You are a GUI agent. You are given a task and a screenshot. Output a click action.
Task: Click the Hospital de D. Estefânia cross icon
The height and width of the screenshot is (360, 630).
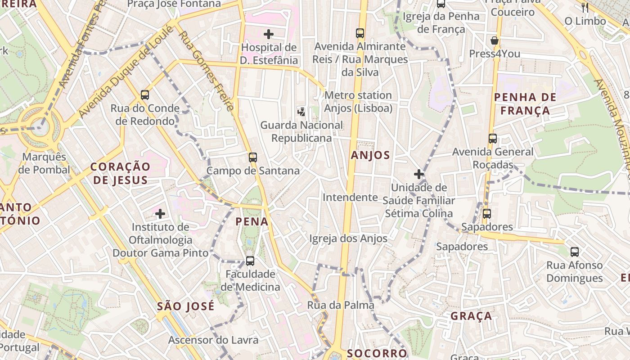pyautogui.click(x=269, y=34)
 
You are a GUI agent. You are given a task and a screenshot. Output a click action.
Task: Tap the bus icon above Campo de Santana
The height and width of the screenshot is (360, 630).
pyautogui.click(x=253, y=157)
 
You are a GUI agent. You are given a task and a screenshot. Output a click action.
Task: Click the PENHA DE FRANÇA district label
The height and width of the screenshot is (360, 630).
pyautogui.click(x=525, y=103)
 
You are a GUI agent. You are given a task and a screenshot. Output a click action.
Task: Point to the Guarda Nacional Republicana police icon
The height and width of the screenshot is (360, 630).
pyautogui.click(x=301, y=111)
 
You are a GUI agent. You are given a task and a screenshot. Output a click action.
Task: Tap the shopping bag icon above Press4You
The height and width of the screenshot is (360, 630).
pyautogui.click(x=495, y=40)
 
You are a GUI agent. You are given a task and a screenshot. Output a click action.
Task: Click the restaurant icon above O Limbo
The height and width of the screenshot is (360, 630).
pyautogui.click(x=585, y=7)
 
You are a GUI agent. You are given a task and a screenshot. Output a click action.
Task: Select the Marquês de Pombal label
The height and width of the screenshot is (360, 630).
pyautogui.click(x=44, y=163)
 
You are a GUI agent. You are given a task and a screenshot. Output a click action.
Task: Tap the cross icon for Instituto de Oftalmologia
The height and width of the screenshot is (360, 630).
pyautogui.click(x=160, y=213)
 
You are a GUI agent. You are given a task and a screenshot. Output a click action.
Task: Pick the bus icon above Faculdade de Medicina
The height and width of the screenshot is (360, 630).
pyautogui.click(x=250, y=261)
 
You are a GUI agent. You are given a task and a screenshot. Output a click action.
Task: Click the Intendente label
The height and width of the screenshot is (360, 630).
pyautogui.click(x=350, y=197)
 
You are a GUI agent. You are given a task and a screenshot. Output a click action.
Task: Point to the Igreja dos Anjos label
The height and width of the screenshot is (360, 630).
pyautogui.click(x=348, y=238)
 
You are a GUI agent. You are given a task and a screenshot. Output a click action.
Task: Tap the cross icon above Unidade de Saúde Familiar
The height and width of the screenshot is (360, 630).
pyautogui.click(x=419, y=174)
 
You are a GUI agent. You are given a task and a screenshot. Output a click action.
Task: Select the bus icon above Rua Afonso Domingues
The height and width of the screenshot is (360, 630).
pyautogui.click(x=575, y=252)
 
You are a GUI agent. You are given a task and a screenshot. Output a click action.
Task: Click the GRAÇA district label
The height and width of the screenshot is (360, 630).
pyautogui.click(x=471, y=316)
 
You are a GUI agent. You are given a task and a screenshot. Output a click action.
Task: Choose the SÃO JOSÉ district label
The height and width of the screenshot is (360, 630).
pyautogui.click(x=185, y=306)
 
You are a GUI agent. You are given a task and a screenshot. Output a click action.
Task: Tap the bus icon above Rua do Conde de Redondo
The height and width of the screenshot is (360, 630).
pyautogui.click(x=144, y=94)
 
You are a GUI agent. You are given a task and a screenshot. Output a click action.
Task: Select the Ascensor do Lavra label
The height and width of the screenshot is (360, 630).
pyautogui.click(x=213, y=340)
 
